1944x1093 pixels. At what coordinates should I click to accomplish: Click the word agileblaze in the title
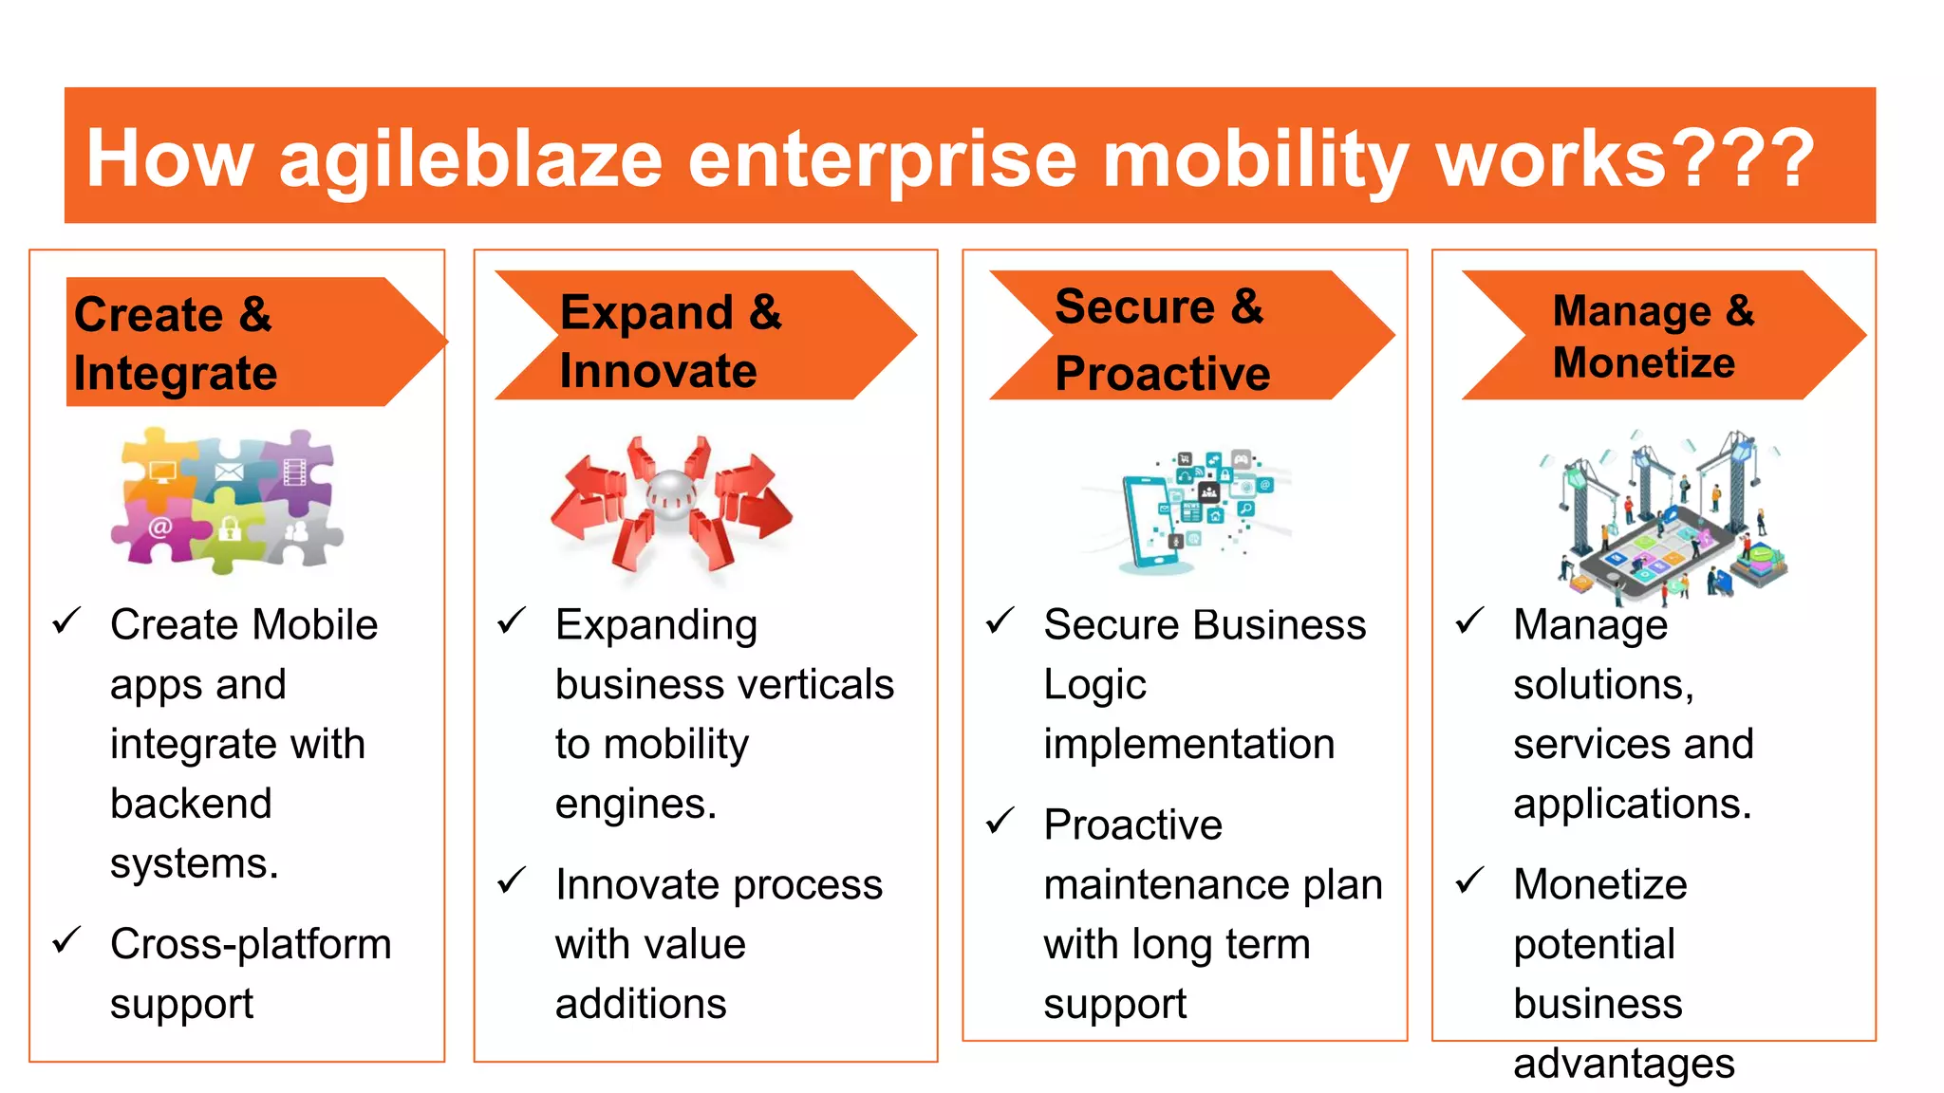(470, 159)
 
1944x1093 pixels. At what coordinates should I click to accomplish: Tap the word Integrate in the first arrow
(176, 373)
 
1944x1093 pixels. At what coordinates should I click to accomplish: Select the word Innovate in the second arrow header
(658, 370)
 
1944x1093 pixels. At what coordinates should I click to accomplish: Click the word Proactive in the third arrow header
(1162, 373)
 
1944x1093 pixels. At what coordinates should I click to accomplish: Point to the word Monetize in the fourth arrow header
(1643, 362)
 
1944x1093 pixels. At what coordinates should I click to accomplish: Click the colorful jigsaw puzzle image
(226, 500)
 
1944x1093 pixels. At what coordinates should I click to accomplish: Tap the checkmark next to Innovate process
(512, 880)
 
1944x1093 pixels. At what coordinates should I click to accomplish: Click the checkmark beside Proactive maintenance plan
(1000, 821)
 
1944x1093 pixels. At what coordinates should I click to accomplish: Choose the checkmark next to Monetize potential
(1469, 880)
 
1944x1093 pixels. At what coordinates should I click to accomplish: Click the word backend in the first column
(191, 804)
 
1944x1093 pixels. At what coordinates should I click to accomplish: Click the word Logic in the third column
(1094, 684)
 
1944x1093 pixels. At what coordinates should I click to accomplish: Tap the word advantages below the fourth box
(1623, 1063)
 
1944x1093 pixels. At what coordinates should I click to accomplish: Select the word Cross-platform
(251, 944)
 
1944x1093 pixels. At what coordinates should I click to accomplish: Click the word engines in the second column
(634, 805)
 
